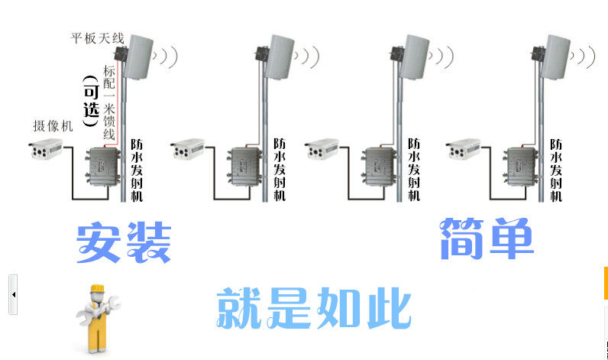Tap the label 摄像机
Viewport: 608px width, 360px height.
pos(53,127)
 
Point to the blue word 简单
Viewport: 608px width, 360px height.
pos(487,238)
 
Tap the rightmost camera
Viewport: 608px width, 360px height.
pos(464,150)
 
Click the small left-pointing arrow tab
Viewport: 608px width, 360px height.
pos(13,294)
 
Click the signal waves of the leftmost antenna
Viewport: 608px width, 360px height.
pos(167,56)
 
